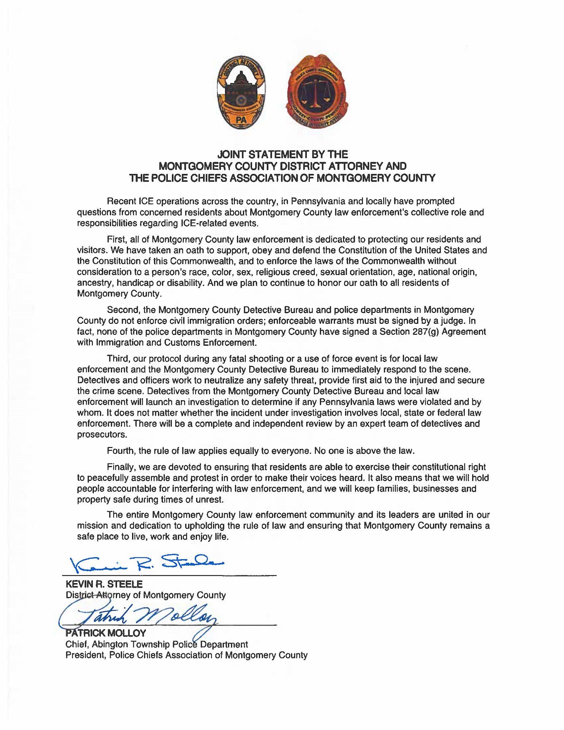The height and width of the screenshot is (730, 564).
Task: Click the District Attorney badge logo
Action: point(241,92)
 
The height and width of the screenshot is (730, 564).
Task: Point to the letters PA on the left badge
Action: point(241,119)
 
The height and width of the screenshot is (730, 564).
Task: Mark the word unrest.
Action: point(211,500)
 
